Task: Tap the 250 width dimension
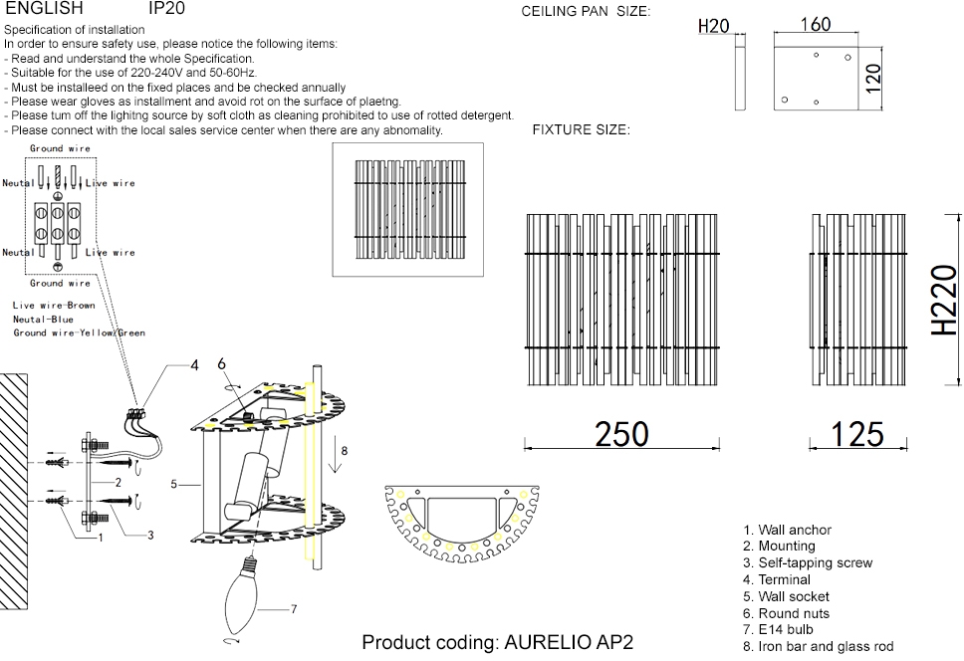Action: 621,433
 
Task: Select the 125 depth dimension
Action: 856,433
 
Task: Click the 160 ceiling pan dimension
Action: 815,24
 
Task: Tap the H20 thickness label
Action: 713,26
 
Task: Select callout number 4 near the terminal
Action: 195,365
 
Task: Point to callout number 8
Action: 344,451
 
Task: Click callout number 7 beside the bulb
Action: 294,607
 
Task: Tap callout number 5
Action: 173,485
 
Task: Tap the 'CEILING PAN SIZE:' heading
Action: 586,12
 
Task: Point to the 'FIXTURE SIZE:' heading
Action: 581,130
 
